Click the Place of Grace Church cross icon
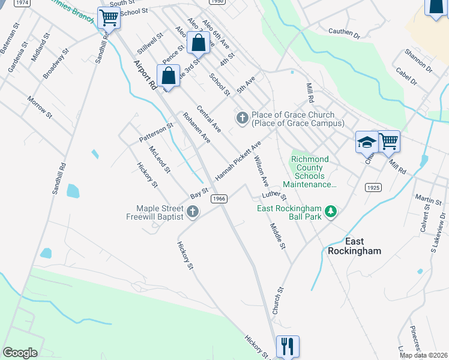click(x=243, y=118)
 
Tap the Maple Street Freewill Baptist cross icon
click(x=193, y=211)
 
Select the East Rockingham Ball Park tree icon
click(x=330, y=211)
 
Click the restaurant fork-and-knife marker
click(x=288, y=346)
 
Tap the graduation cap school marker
click(x=366, y=142)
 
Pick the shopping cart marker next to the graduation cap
click(x=389, y=142)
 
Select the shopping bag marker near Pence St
click(x=198, y=43)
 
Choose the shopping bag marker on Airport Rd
click(x=169, y=76)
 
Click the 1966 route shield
click(x=219, y=199)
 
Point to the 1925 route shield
click(x=373, y=188)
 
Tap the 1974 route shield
click(x=22, y=2)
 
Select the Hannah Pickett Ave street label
click(x=238, y=161)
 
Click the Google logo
click(x=20, y=352)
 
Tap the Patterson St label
click(x=156, y=133)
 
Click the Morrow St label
click(x=40, y=106)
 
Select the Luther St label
click(x=274, y=196)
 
